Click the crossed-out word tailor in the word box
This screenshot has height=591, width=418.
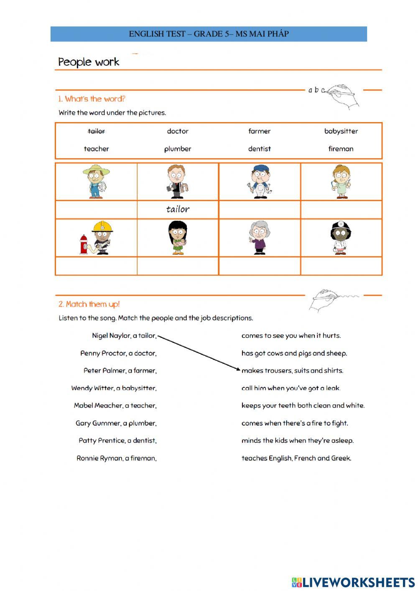(x=96, y=131)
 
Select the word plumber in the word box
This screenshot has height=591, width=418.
(x=178, y=149)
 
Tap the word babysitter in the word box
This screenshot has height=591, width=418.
(x=341, y=131)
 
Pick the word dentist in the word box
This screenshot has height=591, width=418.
(x=259, y=149)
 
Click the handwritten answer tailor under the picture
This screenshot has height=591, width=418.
(x=178, y=209)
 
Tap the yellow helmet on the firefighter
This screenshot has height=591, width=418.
(x=102, y=226)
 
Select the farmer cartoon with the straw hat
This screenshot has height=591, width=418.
(x=96, y=182)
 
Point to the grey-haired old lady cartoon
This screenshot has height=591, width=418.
(x=259, y=238)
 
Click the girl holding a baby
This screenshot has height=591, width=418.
(x=178, y=238)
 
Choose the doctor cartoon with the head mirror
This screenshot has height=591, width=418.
(x=341, y=238)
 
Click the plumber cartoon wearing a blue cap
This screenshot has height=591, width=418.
(x=259, y=182)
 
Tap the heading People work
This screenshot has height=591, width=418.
(x=89, y=62)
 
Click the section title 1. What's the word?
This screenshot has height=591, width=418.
(x=92, y=99)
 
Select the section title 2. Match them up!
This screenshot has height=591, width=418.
(x=89, y=304)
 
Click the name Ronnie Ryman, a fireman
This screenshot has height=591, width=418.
(x=117, y=458)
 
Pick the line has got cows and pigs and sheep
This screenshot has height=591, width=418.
(x=294, y=353)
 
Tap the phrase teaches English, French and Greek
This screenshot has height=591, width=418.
(x=296, y=458)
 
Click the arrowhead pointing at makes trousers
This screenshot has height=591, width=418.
(x=238, y=369)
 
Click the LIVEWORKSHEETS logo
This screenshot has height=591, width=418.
(x=353, y=582)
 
